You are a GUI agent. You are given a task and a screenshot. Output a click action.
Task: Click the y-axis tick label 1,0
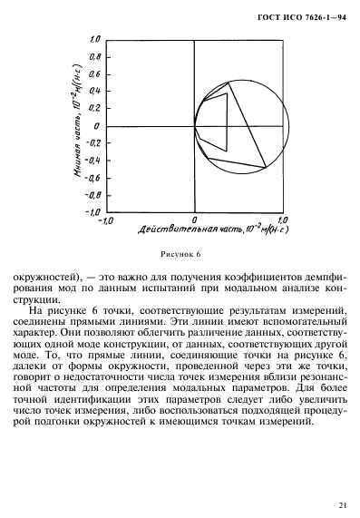(x=92, y=40)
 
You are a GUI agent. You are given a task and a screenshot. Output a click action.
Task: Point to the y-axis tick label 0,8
(x=92, y=57)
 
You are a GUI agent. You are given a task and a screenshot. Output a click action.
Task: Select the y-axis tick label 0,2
(x=92, y=108)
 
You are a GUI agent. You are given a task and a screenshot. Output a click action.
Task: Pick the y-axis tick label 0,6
(x=92, y=74)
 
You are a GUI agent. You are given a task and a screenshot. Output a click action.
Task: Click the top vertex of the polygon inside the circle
(x=229, y=83)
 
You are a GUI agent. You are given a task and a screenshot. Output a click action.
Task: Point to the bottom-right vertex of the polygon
(x=265, y=167)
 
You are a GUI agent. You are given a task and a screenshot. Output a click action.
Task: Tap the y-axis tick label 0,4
(x=92, y=91)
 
